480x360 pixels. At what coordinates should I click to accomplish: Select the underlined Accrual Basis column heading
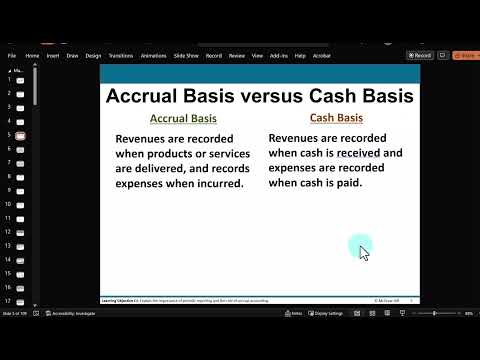[x=183, y=119]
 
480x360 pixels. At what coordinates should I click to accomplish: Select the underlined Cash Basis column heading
[x=335, y=119]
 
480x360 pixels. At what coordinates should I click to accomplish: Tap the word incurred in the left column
[x=215, y=184]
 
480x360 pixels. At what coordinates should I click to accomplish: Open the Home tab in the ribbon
[x=32, y=56]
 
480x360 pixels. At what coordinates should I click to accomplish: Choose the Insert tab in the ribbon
[x=53, y=56]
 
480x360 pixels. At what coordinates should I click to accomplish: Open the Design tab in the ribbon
[x=93, y=56]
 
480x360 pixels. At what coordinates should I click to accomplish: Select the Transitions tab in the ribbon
[x=120, y=56]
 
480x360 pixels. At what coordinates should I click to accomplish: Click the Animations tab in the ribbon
[x=153, y=56]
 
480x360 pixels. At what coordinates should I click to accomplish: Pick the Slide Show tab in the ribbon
[x=185, y=56]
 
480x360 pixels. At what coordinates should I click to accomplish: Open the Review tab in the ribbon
[x=237, y=56]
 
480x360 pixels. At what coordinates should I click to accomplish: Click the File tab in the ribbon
[x=12, y=56]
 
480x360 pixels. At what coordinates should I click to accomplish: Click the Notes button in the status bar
[x=295, y=313]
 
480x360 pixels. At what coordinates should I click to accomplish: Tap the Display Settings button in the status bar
[x=328, y=313]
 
